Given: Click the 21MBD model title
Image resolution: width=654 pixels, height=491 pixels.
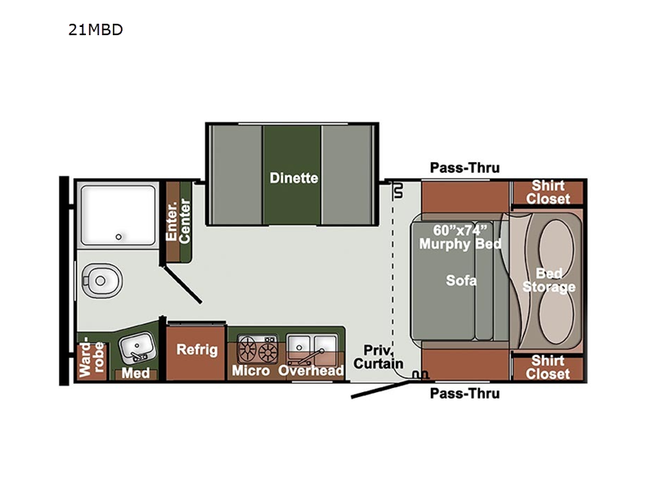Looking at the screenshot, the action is click(x=96, y=29).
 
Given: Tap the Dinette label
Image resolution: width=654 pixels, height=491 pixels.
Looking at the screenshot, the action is click(x=293, y=178).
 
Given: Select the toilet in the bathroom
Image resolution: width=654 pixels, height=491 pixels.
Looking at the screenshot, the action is click(x=101, y=280).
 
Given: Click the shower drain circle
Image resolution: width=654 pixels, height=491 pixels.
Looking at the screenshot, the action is click(x=119, y=236).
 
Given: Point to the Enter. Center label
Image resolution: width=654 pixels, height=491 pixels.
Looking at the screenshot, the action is click(x=178, y=220).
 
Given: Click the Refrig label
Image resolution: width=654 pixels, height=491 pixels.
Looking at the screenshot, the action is click(x=197, y=349).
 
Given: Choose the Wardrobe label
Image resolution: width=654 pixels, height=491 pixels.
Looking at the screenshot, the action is click(x=92, y=358).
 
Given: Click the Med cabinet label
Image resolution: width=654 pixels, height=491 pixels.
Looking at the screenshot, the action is click(x=136, y=372).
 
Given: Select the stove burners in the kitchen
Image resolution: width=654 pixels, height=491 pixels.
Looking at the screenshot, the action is click(x=258, y=349).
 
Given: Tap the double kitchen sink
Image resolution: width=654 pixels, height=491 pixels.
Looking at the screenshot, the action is click(x=312, y=347).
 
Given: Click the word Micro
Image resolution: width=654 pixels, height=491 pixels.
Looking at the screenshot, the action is click(x=251, y=371).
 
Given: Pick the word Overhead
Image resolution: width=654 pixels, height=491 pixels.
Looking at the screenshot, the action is click(x=311, y=371).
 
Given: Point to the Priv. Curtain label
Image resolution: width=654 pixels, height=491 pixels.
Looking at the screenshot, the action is click(x=379, y=357).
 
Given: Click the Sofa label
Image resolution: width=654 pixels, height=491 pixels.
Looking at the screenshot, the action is click(x=461, y=280).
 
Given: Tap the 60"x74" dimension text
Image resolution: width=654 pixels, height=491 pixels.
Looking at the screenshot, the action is click(x=459, y=230).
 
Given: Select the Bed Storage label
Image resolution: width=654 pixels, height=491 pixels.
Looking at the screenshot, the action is click(x=549, y=280).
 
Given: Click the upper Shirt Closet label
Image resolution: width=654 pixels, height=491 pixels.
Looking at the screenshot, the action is click(x=548, y=192).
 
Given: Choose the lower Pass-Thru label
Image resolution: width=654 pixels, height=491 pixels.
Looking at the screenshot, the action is click(x=464, y=394).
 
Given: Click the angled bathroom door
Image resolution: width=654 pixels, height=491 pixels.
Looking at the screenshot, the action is click(x=181, y=284).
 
